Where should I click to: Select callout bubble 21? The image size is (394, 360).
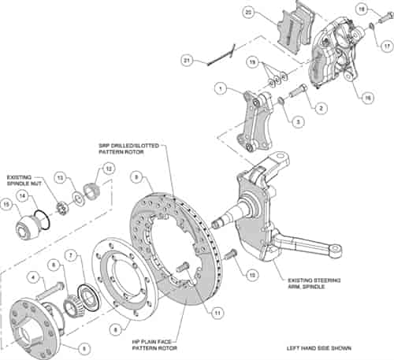tap(187, 61)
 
